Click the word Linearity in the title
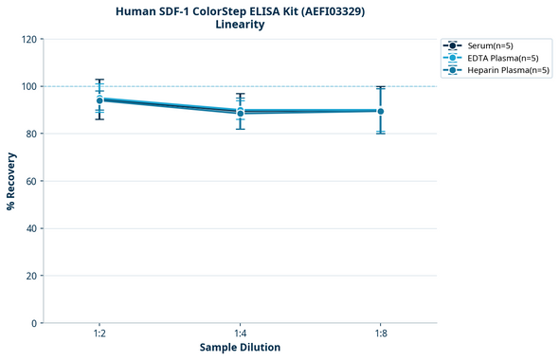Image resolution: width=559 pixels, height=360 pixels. [x=240, y=25]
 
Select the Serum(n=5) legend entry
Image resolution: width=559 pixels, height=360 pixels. [x=491, y=45]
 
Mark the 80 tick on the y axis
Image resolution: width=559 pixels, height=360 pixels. [x=31, y=134]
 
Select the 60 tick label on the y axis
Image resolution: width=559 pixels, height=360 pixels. [x=31, y=181]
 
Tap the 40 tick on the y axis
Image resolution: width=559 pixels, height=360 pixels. [x=31, y=228]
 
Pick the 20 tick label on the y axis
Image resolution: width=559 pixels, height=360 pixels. [x=31, y=276]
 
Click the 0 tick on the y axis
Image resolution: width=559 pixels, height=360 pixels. [x=34, y=323]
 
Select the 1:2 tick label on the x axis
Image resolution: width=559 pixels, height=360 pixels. [x=99, y=333]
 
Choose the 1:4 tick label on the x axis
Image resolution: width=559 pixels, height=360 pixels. [x=240, y=333]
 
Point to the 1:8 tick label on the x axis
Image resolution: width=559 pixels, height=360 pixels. [x=380, y=333]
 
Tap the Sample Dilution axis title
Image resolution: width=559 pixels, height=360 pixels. [x=240, y=348]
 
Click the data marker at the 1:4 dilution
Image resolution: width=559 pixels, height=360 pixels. [x=240, y=113]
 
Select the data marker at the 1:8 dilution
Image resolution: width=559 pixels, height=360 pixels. [x=380, y=111]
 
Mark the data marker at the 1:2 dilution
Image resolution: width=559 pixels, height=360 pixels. [x=99, y=99]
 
